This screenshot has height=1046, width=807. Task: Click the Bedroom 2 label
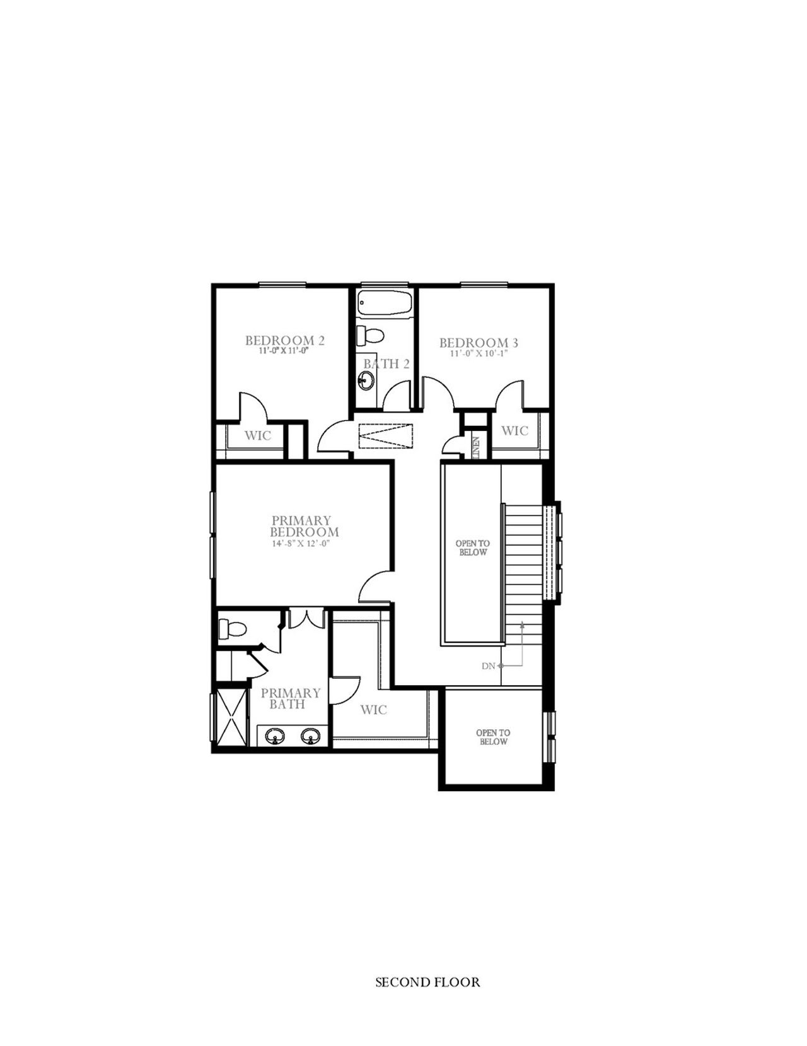point(285,341)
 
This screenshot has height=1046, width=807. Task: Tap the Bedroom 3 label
point(479,343)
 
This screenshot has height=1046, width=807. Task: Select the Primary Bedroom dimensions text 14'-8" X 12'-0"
point(301,543)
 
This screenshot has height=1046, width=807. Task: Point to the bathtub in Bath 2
point(385,303)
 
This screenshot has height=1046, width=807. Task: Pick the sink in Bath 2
point(366,380)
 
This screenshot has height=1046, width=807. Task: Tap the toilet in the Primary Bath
point(233,628)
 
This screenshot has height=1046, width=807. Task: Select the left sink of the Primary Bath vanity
point(274,735)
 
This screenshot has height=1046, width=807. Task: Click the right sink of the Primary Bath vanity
point(309,735)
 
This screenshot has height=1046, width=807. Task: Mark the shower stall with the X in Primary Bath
point(230,717)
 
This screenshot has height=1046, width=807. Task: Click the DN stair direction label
point(489,666)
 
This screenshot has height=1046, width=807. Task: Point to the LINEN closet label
point(477,448)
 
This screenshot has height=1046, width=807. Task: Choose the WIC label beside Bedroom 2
point(258,435)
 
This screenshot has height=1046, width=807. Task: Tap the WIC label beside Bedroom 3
point(514,431)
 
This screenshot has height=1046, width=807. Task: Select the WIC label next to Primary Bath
point(373,710)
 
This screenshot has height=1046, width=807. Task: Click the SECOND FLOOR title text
point(427,982)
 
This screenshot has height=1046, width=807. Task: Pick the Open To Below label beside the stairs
point(473,548)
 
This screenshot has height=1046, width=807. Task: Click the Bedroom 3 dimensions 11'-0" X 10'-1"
point(479,354)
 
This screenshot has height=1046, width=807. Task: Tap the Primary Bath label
point(291,698)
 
